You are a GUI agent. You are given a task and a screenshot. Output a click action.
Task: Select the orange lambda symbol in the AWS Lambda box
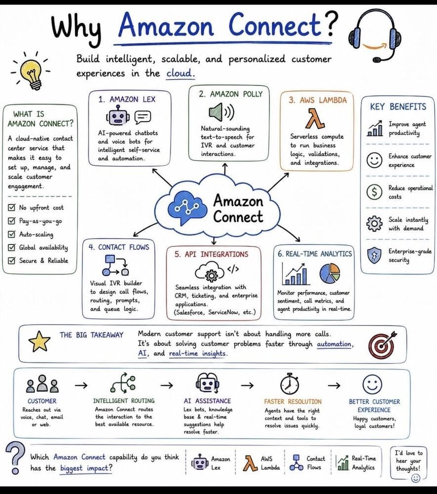(x=315, y=119)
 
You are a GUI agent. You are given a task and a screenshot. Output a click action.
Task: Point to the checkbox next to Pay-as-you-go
(x=12, y=220)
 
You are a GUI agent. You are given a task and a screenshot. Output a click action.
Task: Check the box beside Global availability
(x=12, y=247)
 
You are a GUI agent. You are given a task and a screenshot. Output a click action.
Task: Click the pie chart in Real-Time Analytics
(x=330, y=273)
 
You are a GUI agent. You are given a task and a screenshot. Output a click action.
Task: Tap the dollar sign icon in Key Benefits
(x=374, y=192)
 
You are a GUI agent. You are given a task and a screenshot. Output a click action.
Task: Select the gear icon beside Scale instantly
(x=374, y=223)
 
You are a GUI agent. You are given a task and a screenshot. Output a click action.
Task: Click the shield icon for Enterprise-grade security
(x=374, y=255)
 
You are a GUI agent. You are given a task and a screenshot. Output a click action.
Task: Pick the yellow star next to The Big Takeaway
(x=40, y=341)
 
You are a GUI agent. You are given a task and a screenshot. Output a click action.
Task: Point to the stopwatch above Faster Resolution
(x=289, y=384)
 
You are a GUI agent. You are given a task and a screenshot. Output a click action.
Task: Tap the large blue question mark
(x=15, y=458)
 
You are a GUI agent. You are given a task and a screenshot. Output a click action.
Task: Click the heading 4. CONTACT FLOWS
(x=119, y=247)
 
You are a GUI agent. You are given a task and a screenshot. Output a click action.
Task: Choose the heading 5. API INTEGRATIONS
(x=211, y=254)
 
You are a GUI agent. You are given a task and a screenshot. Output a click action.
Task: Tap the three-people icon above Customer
(x=42, y=383)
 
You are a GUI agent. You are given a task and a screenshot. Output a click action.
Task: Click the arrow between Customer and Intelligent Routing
(x=81, y=385)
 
